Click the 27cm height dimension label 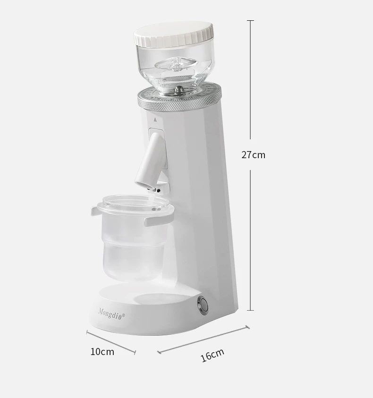[x=253, y=154]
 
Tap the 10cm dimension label [x=102, y=352]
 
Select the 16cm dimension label [x=212, y=355]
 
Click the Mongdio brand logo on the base [x=111, y=314]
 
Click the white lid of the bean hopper [x=174, y=35]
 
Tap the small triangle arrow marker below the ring [x=155, y=119]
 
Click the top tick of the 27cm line [x=250, y=20]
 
